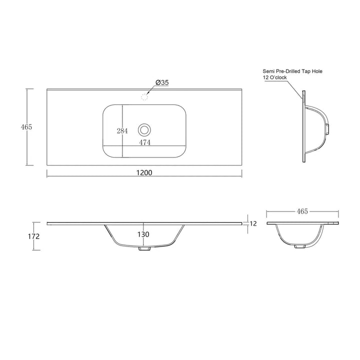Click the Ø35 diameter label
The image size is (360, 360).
162,82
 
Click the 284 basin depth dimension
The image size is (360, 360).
122,131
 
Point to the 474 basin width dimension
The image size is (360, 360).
145,142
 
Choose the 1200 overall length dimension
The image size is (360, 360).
144,172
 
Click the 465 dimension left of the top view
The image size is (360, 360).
26,126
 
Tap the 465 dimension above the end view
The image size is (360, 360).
302,211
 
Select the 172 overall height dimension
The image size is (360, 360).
34,236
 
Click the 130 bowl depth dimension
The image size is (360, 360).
143,234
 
